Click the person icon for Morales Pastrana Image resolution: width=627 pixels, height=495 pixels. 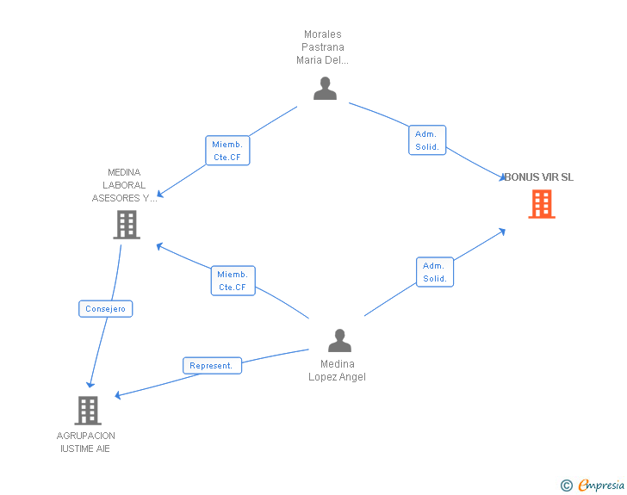tap(325, 89)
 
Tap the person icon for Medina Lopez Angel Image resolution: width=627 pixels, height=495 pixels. tap(339, 341)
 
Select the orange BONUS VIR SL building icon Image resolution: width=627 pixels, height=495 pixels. tap(541, 204)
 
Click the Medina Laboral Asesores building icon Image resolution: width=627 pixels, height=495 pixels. tap(127, 225)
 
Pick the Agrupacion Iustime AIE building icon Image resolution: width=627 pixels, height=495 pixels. tap(87, 411)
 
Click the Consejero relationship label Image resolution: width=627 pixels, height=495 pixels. tap(106, 308)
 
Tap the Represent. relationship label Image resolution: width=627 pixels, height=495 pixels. tap(212, 365)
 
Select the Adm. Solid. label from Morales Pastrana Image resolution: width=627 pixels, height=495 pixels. tap(426, 140)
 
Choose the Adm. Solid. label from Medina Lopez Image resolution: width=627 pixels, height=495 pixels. tap(434, 272)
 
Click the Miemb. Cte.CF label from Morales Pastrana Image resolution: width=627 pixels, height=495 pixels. tap(227, 151)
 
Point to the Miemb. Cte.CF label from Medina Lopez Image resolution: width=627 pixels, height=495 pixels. tap(233, 281)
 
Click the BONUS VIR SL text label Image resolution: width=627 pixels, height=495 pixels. tap(538, 177)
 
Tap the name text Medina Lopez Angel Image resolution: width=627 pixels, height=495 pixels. tap(337, 370)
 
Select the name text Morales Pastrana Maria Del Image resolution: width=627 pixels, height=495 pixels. tap(322, 47)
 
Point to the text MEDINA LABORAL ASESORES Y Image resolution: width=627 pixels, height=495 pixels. tap(125, 185)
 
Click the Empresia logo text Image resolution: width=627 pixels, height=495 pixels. tap(601, 486)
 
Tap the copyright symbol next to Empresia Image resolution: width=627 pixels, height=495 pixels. tap(566, 486)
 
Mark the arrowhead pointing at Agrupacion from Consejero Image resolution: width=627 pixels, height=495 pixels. tap(90, 384)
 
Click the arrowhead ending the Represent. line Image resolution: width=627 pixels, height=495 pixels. tap(119, 395)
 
